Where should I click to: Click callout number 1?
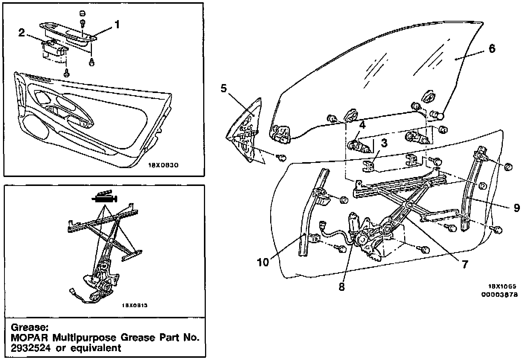(x=117, y=25)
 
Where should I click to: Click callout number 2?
(x=22, y=32)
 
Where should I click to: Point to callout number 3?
(x=384, y=142)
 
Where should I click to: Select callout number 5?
(x=223, y=89)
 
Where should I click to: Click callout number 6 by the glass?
(x=492, y=48)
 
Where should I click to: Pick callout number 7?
(x=464, y=264)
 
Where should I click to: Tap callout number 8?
(x=342, y=287)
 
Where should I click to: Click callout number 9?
(x=517, y=208)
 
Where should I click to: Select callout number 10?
(x=263, y=262)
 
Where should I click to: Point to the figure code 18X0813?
(x=135, y=306)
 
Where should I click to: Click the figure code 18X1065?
(x=502, y=287)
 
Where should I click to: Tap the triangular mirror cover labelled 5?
(x=246, y=132)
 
